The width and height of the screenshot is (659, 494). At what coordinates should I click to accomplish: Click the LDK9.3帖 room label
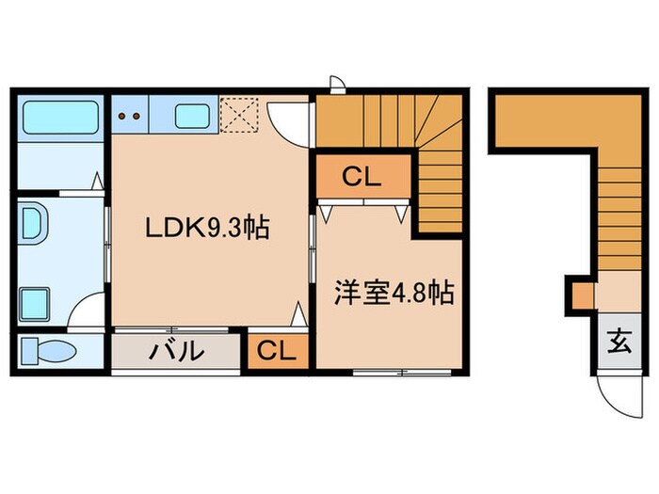click(x=207, y=228)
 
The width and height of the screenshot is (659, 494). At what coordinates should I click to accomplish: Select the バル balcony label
click(x=176, y=352)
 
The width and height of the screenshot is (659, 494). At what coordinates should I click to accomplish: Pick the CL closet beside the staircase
click(x=362, y=177)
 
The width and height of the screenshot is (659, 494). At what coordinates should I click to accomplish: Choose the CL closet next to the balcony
click(x=277, y=352)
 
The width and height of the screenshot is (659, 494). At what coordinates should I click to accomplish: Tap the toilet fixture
click(x=48, y=352)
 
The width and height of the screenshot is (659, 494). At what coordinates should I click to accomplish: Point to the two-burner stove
click(x=130, y=117)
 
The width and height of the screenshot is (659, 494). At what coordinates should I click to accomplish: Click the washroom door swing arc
click(x=90, y=311)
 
